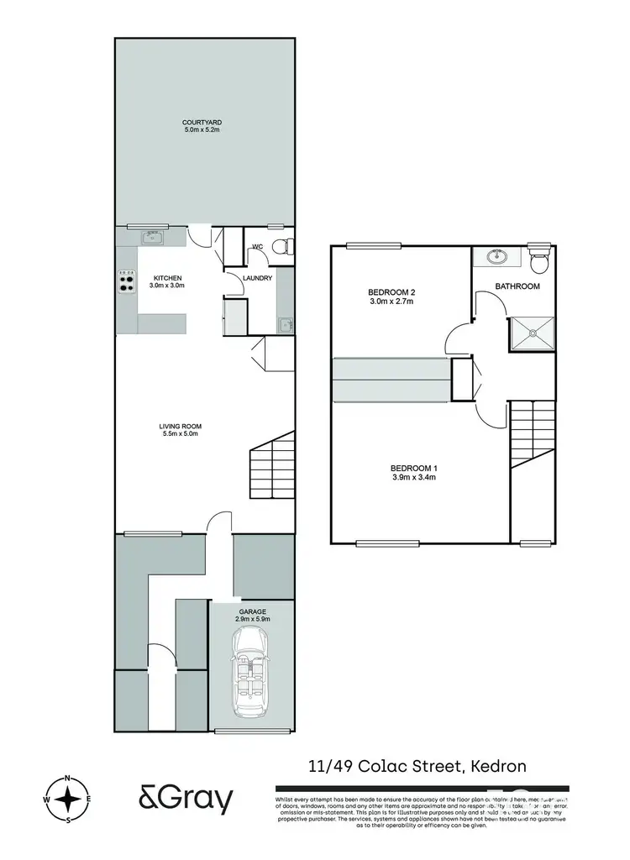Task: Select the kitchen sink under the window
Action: point(152,237)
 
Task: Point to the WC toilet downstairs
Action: point(286,246)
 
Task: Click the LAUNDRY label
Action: point(257,278)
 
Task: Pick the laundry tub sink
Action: point(285,323)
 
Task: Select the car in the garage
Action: point(252,671)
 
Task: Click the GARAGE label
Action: point(253,613)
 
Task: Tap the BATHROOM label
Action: point(517,286)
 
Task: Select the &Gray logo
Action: point(186,800)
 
